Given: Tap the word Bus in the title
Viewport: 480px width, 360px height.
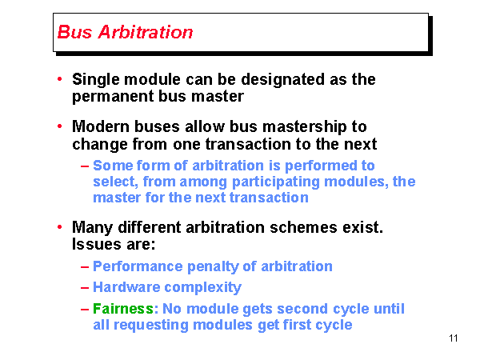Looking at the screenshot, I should [73, 33].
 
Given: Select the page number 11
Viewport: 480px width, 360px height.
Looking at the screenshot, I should [454, 339].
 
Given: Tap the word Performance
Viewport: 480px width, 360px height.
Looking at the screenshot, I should [138, 266].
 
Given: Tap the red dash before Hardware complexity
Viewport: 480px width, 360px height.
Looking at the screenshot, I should [85, 288].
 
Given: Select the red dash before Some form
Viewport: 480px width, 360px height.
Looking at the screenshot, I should [85, 166].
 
